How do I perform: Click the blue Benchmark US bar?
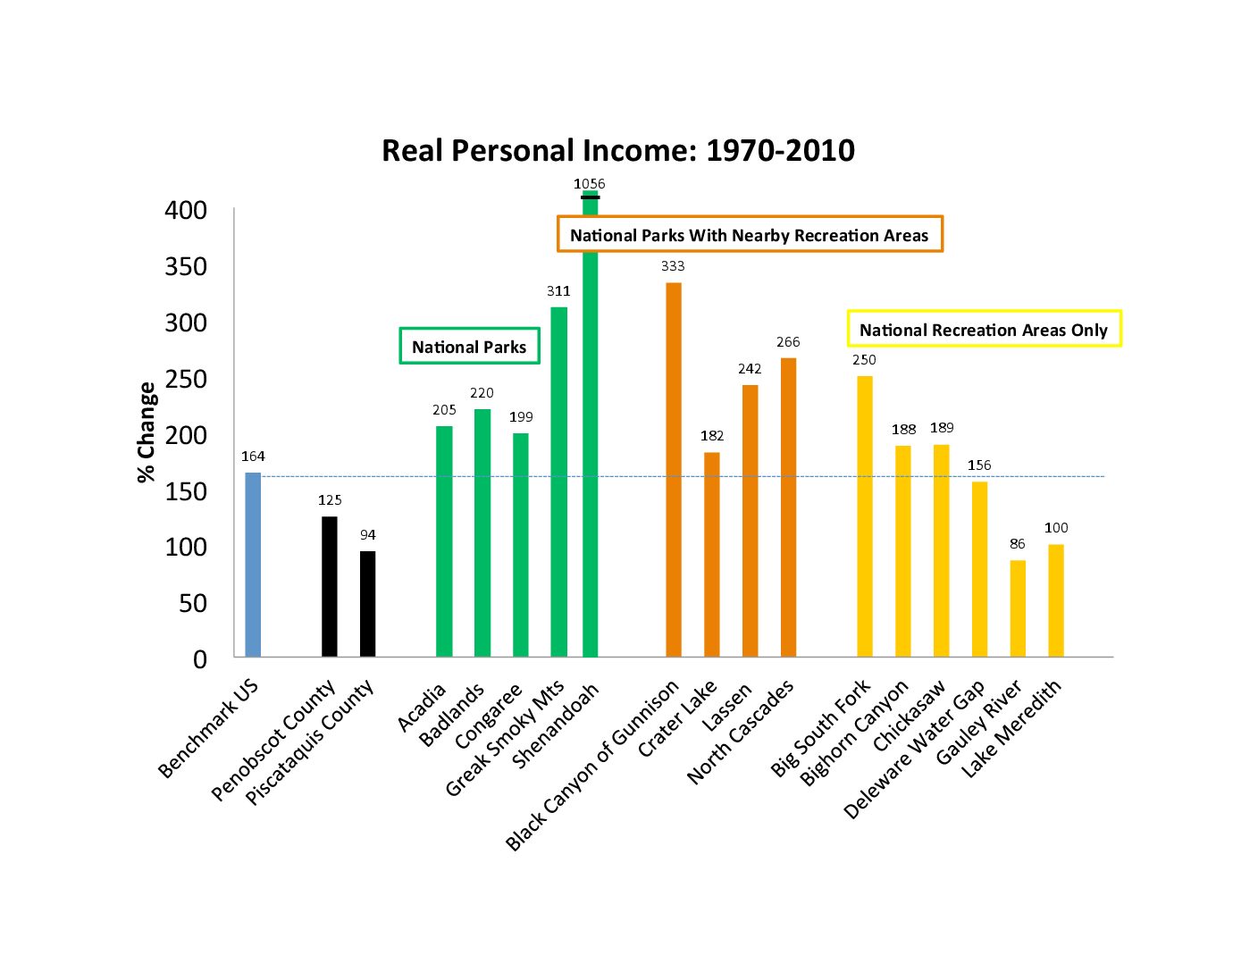tap(253, 565)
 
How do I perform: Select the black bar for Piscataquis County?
tap(367, 604)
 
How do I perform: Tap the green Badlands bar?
tap(482, 533)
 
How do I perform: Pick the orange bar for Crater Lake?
tap(712, 555)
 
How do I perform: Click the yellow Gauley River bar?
tap(1018, 608)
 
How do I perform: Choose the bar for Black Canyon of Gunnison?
tap(674, 470)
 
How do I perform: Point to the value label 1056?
tap(590, 184)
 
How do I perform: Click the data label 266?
tap(788, 342)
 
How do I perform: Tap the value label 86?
tap(1018, 544)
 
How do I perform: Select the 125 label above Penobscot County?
tap(330, 500)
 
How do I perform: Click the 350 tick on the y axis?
tap(186, 267)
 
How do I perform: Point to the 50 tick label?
tap(193, 604)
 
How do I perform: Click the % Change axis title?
tap(147, 432)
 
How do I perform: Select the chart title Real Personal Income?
tap(618, 150)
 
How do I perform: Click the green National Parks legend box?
tap(469, 347)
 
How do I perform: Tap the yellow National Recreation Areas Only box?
tap(984, 330)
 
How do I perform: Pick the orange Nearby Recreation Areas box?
tap(750, 235)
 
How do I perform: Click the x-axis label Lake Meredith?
tap(1012, 727)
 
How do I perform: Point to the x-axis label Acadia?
tap(422, 708)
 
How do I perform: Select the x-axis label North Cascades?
tap(741, 732)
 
